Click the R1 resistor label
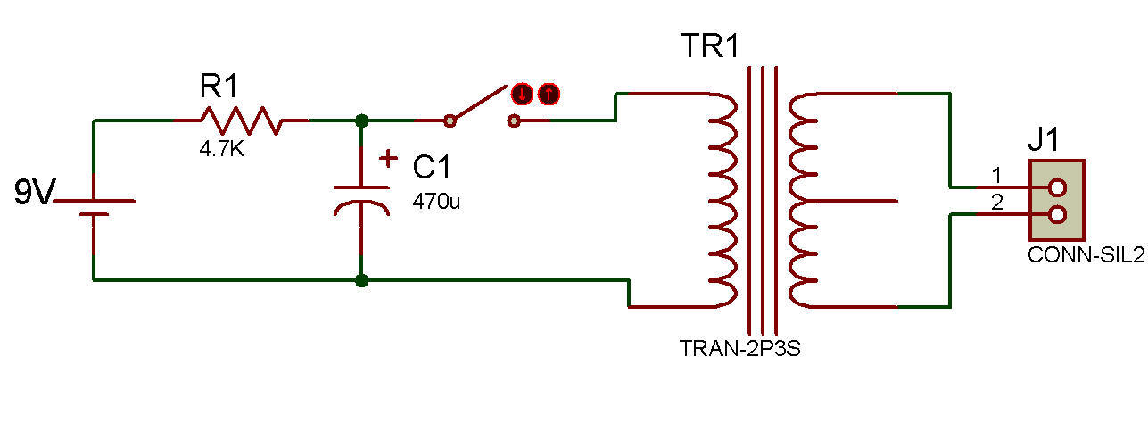pyautogui.click(x=219, y=86)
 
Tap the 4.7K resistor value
pyautogui.click(x=221, y=149)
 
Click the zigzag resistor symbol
pyautogui.click(x=241, y=121)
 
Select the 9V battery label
pyautogui.click(x=34, y=192)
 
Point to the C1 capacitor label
pyautogui.click(x=432, y=167)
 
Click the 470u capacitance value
pyautogui.click(x=436, y=202)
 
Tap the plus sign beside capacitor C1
pyautogui.click(x=388, y=159)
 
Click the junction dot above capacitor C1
pyautogui.click(x=361, y=121)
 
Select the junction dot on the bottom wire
pyautogui.click(x=361, y=280)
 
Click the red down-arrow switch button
pyautogui.click(x=522, y=94)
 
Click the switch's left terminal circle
pyautogui.click(x=450, y=121)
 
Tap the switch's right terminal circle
pyautogui.click(x=514, y=121)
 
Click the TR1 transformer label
pyautogui.click(x=710, y=46)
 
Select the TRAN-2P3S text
pyautogui.click(x=739, y=349)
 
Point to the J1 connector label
pyautogui.click(x=1044, y=138)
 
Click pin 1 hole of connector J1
pyautogui.click(x=1057, y=187)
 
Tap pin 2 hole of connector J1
pyautogui.click(x=1057, y=214)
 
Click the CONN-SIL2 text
pyautogui.click(x=1086, y=255)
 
